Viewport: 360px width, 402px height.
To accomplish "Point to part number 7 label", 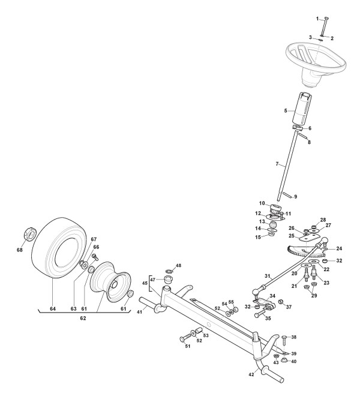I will pos(277,163).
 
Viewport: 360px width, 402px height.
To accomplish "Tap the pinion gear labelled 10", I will pos(278,209).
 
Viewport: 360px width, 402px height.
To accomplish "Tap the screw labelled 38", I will pos(284,338).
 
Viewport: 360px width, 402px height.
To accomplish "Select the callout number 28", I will pos(322,220).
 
